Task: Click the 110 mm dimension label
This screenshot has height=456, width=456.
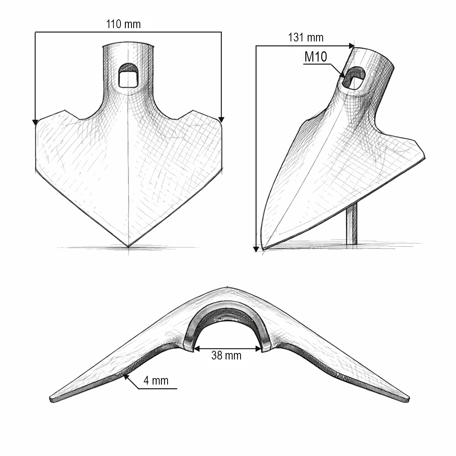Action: tap(123, 24)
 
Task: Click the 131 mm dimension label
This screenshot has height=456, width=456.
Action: tap(306, 38)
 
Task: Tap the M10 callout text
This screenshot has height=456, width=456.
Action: tap(316, 57)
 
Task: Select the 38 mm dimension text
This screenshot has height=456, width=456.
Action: tap(226, 356)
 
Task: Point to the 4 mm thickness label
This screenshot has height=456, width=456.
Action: tap(156, 380)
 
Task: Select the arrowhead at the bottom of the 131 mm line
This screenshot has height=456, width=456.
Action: tap(256, 249)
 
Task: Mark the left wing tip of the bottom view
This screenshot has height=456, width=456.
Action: tap(51, 399)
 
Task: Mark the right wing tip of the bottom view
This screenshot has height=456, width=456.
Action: tap(408, 399)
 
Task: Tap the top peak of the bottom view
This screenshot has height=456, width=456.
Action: tap(227, 287)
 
